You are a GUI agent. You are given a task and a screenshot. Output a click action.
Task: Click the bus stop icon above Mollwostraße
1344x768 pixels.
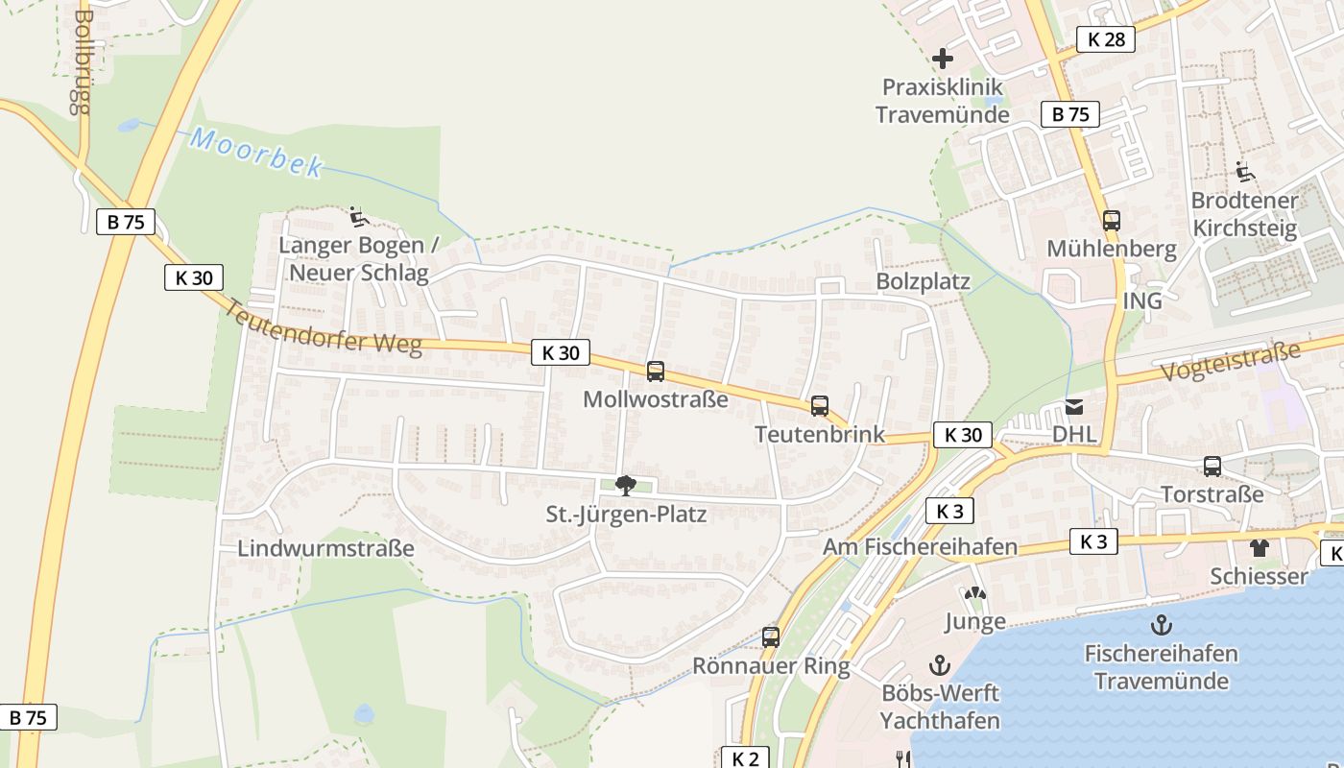coord(656,372)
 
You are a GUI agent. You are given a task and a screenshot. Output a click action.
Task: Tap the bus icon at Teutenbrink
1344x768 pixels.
coord(819,406)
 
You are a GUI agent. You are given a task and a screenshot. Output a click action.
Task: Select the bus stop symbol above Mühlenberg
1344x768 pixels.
coord(1111,221)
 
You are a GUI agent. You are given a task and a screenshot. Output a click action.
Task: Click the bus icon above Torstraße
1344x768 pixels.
coord(1212,467)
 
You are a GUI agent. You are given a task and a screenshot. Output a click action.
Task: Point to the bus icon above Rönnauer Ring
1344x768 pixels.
coord(770,636)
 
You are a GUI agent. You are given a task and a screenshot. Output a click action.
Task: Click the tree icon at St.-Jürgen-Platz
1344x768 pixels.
coord(626,486)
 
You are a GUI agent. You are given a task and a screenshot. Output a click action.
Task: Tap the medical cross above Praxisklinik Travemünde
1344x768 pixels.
coord(943,59)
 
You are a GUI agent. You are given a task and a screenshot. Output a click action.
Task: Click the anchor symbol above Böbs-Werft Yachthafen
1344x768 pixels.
coord(940,664)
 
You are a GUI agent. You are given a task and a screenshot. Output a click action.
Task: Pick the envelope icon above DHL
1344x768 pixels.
coord(1073,407)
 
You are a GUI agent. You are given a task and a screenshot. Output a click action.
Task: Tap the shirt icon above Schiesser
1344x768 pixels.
coord(1259,548)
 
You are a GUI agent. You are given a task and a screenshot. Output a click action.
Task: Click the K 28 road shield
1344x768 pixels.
coord(1106,39)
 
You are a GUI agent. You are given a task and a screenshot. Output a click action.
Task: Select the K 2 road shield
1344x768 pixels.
coord(745,758)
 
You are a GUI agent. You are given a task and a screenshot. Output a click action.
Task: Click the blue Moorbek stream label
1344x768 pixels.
coord(256,152)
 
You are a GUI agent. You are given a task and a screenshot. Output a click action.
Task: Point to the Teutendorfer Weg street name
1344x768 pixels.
coord(324,328)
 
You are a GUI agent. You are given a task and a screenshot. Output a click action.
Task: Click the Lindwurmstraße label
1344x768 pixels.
coord(326,549)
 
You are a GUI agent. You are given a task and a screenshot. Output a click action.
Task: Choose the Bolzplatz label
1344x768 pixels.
coord(923,282)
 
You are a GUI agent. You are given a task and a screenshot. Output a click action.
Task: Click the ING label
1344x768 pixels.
coord(1142,301)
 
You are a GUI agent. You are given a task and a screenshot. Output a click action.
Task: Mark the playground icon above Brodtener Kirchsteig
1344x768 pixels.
coord(1244,173)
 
